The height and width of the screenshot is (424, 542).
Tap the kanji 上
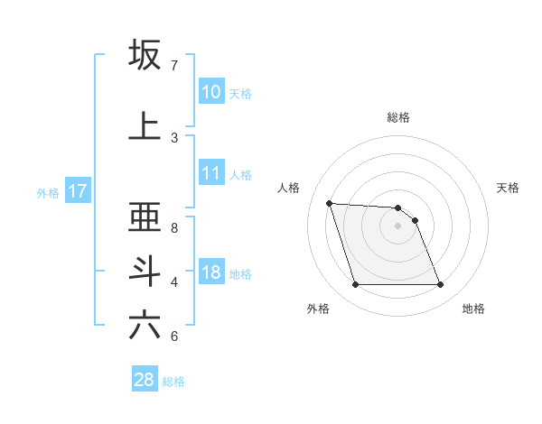145,125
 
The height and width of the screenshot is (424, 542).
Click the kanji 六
145,325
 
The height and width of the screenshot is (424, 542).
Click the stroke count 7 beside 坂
174,66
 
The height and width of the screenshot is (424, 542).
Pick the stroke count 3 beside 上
174,138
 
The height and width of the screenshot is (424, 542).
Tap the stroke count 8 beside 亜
174,228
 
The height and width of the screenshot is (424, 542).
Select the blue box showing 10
211,92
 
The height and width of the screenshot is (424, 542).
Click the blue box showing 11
211,173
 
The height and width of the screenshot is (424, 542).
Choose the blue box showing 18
211,272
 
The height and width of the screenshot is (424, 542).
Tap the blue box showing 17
77,191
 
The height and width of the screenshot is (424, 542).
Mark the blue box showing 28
145,380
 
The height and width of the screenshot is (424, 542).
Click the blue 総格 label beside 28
173,382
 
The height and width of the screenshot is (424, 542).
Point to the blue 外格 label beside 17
48,192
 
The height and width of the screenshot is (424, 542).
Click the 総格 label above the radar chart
397,117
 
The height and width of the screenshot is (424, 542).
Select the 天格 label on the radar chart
508,188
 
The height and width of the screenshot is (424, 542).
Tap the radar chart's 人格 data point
329,203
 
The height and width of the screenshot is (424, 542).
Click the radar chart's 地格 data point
440,285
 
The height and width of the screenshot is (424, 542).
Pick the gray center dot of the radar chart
397,226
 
